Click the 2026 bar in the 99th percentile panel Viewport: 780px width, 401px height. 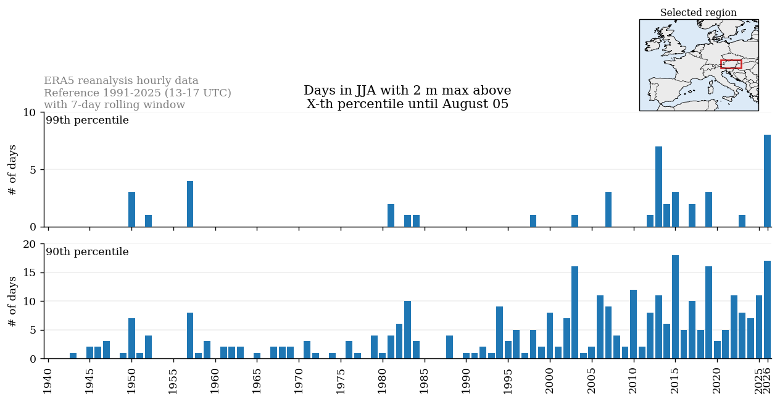point(767,180)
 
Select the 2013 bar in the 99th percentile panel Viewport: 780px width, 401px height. point(658,187)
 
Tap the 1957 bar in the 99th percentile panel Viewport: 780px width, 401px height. point(190,204)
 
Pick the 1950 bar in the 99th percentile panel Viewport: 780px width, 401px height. point(131,209)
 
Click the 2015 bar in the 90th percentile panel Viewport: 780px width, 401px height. point(675,307)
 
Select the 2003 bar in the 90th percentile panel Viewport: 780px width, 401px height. point(575,313)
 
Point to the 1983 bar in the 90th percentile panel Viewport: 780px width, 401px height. point(407,329)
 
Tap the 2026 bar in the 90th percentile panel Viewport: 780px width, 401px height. point(767,310)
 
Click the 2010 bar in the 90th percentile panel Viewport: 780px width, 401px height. point(633,324)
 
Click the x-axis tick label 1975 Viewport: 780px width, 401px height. point(340,381)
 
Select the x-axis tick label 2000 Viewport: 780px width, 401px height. point(549,381)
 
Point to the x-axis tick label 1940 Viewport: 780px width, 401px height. point(48,381)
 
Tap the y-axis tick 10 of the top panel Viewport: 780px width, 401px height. point(30,112)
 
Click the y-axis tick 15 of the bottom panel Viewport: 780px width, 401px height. point(30,272)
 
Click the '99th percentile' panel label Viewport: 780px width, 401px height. point(88,120)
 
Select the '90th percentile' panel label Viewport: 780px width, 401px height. point(88,251)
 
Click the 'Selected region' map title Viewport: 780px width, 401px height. point(699,12)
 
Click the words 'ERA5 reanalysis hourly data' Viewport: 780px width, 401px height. point(121,80)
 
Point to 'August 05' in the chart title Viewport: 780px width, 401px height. point(475,104)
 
